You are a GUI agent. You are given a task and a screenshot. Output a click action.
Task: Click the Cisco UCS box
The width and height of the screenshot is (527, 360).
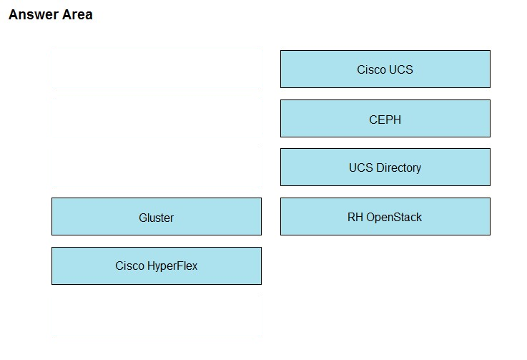385,69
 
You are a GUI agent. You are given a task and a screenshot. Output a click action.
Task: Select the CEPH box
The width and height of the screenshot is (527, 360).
385,118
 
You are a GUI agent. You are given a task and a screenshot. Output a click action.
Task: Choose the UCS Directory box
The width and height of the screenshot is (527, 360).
385,167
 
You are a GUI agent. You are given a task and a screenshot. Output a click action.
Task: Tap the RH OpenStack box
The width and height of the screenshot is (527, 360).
385,216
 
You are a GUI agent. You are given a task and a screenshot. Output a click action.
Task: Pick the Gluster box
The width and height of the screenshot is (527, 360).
157,216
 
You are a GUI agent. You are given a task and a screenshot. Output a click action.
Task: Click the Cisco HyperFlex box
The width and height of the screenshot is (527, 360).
157,266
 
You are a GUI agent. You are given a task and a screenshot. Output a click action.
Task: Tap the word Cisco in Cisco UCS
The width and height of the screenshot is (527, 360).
371,69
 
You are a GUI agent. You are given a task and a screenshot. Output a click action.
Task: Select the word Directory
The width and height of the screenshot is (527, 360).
398,168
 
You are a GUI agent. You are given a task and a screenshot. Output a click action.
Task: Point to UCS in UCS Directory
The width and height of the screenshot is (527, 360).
361,167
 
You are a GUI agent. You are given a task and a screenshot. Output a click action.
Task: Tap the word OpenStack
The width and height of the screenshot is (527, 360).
394,218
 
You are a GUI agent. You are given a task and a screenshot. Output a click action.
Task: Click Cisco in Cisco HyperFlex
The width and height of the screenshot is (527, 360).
129,266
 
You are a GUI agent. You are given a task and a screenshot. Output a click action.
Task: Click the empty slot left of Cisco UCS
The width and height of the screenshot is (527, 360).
157,68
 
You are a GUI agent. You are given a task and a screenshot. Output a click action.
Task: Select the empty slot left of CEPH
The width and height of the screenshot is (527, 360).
157,117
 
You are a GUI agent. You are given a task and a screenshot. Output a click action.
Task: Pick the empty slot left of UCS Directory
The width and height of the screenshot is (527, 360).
157,166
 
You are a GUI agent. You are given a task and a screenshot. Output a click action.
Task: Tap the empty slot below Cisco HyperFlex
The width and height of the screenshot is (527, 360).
157,316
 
